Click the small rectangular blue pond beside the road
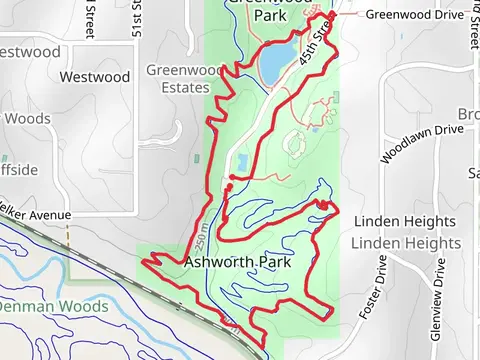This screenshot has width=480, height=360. coord(244,163)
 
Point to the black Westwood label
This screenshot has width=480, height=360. coord(95,76)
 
